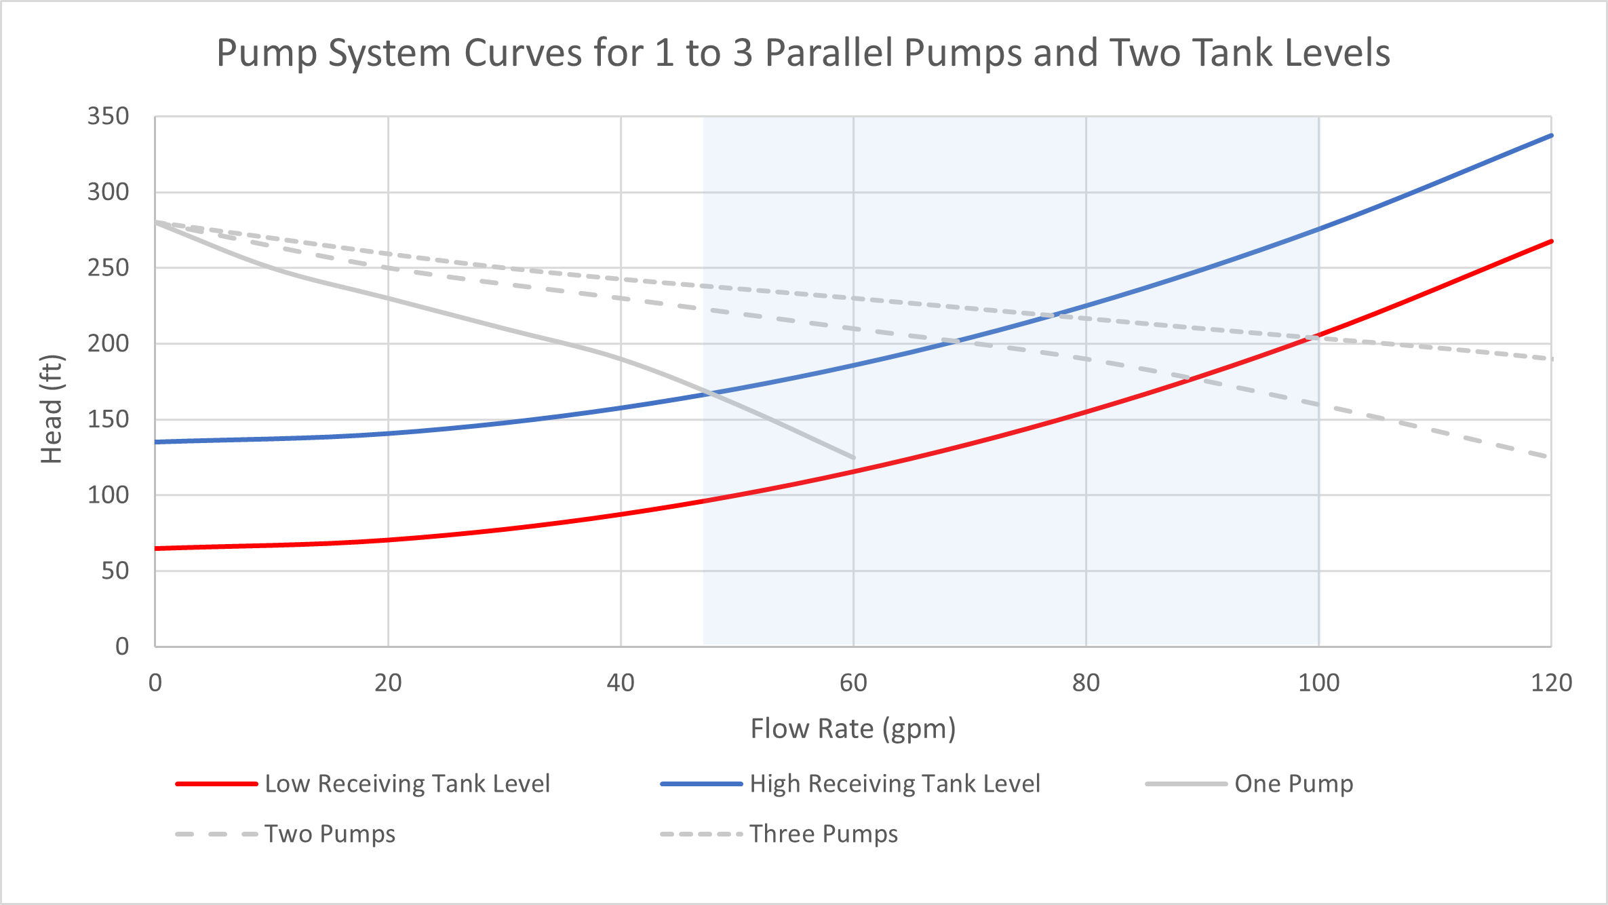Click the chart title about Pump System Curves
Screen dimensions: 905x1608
tap(803, 53)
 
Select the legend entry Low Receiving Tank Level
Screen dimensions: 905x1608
tap(407, 784)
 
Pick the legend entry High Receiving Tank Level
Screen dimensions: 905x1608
tap(895, 784)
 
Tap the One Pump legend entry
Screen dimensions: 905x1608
tap(1293, 784)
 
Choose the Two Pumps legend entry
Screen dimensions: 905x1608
tap(330, 834)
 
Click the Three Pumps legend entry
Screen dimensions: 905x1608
tap(823, 834)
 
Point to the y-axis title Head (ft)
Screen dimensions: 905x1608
tap(52, 409)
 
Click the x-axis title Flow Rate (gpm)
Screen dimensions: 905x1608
tap(852, 729)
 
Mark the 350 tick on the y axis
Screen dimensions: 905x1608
tap(108, 117)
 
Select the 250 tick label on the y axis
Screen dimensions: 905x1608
tap(108, 268)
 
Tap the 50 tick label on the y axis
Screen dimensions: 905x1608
tap(115, 571)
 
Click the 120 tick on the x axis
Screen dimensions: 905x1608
tap(1551, 682)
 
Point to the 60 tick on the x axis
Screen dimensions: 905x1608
tap(853, 682)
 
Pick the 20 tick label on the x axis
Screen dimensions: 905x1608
tap(388, 682)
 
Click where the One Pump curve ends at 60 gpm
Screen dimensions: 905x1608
tap(853, 458)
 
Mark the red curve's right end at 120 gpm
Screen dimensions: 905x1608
tap(1551, 242)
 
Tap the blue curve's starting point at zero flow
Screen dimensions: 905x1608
tap(156, 442)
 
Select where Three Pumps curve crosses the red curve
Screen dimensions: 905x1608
tap(1312, 338)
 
